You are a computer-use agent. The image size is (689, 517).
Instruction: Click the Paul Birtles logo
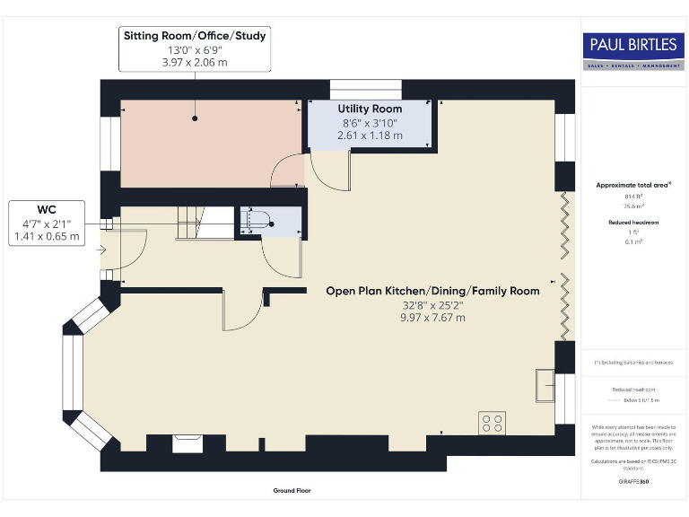coord(632,49)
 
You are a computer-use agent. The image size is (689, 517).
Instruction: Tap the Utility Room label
coord(370,109)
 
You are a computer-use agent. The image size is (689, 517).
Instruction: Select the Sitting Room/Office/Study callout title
coord(195,36)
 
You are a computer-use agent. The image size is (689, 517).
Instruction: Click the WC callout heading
coord(47,207)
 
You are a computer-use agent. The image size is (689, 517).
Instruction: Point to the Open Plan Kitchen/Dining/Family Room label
coord(433,291)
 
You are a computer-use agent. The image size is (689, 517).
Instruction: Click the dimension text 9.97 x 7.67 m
coord(433,318)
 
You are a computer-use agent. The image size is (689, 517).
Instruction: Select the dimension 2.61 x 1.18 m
coord(370,136)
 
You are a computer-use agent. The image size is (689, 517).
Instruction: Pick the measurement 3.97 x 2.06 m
coord(195,64)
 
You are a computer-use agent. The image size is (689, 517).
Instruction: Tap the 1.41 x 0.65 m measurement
coord(47,237)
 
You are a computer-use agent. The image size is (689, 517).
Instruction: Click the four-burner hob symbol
coord(492,423)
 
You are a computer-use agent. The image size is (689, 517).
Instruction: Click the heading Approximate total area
coord(632,185)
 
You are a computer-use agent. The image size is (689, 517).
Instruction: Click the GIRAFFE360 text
coord(632,482)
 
